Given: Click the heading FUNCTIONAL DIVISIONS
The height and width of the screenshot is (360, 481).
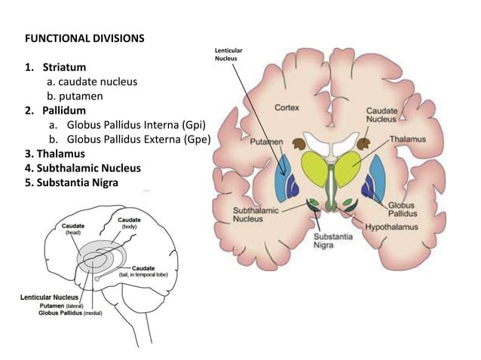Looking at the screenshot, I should [x=84, y=37].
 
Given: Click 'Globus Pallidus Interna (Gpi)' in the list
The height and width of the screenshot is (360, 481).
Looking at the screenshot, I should [x=136, y=125].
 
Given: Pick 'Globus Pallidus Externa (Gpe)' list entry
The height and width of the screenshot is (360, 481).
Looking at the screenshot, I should [x=138, y=139].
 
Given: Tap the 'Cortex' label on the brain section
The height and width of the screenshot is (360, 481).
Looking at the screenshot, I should [x=286, y=108].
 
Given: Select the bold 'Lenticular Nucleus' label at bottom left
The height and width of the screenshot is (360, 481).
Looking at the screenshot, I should [x=51, y=297].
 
